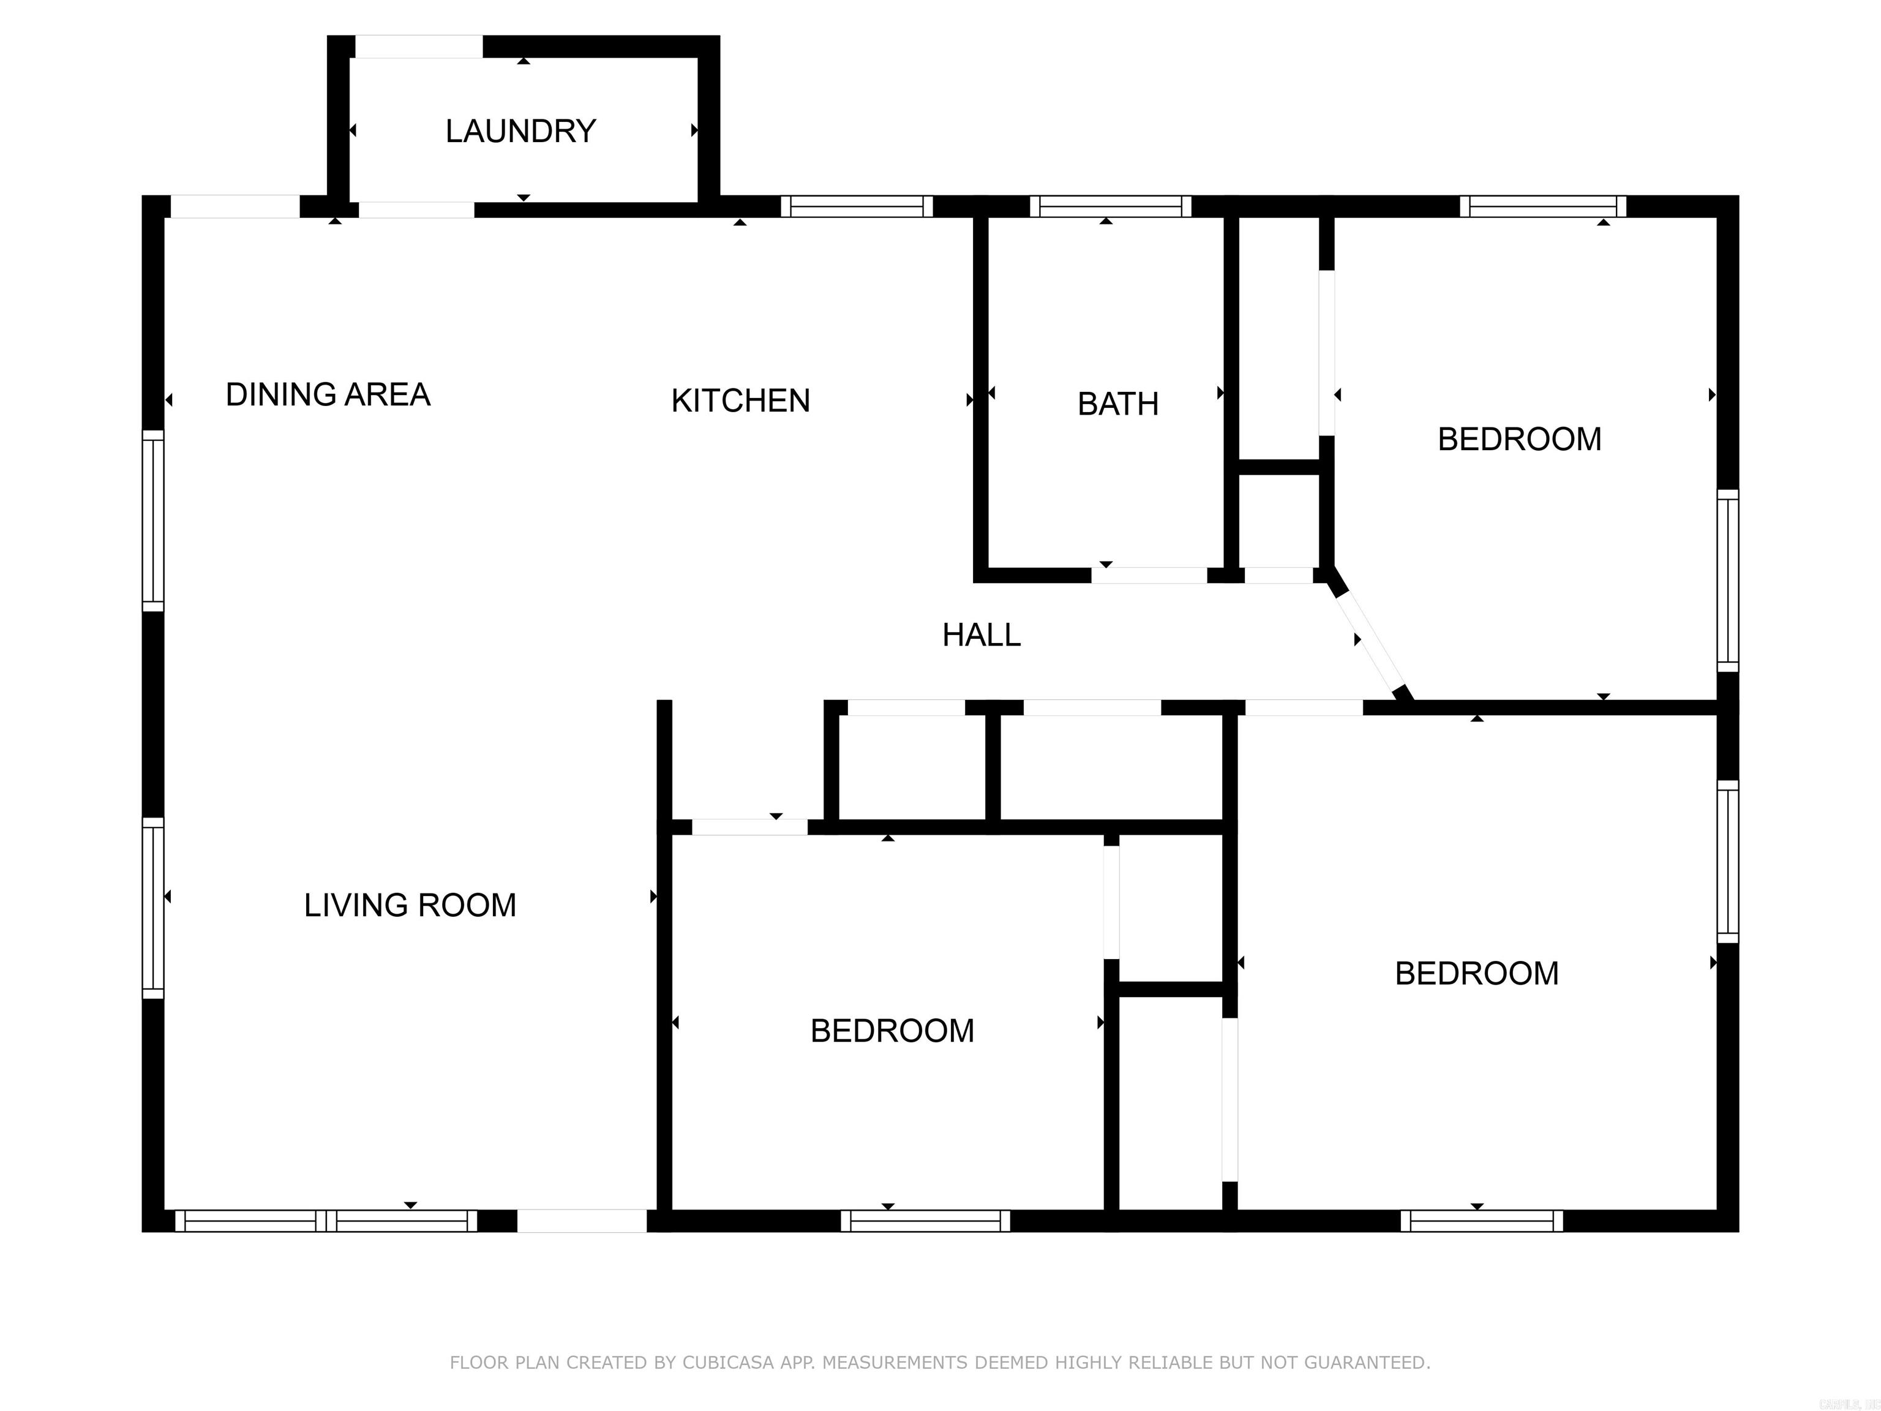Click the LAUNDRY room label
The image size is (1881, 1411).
pyautogui.click(x=520, y=131)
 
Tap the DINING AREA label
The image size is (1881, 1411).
pyautogui.click(x=328, y=394)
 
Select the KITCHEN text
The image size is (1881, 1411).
pyautogui.click(x=740, y=401)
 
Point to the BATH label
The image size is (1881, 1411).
pyautogui.click(x=1117, y=404)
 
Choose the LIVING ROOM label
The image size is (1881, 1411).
pyautogui.click(x=410, y=905)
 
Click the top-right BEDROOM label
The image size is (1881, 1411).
pyautogui.click(x=1519, y=440)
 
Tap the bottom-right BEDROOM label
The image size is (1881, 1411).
pyautogui.click(x=1476, y=973)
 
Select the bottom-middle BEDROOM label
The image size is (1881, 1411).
pyautogui.click(x=891, y=1031)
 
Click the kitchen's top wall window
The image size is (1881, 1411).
pyautogui.click(x=857, y=206)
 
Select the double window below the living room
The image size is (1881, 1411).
pyautogui.click(x=326, y=1221)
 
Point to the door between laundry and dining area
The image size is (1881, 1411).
pyautogui.click(x=416, y=210)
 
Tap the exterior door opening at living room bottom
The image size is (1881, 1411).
pyautogui.click(x=582, y=1221)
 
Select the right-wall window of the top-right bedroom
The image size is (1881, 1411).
pyautogui.click(x=1727, y=580)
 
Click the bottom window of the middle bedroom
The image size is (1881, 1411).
pyautogui.click(x=925, y=1221)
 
